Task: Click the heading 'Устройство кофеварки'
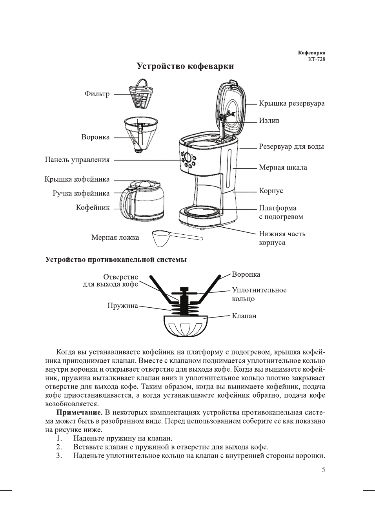coord(185,66)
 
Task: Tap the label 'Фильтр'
coord(97,94)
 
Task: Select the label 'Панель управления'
coord(77,160)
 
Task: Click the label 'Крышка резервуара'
coord(291,104)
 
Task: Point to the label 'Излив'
coord(269,120)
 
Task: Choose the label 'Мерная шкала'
coord(283,168)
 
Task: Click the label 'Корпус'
coord(271,191)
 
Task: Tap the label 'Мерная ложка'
coord(115,237)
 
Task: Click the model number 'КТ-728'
coord(316,59)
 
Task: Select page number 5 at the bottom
coord(323,470)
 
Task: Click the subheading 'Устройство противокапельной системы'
coord(116,259)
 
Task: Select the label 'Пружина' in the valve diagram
coord(123,306)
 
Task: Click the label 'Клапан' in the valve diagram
coord(244,316)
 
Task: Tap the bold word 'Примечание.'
coord(79,413)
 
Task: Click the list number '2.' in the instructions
coord(59,447)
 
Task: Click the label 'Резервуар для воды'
coord(291,147)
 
